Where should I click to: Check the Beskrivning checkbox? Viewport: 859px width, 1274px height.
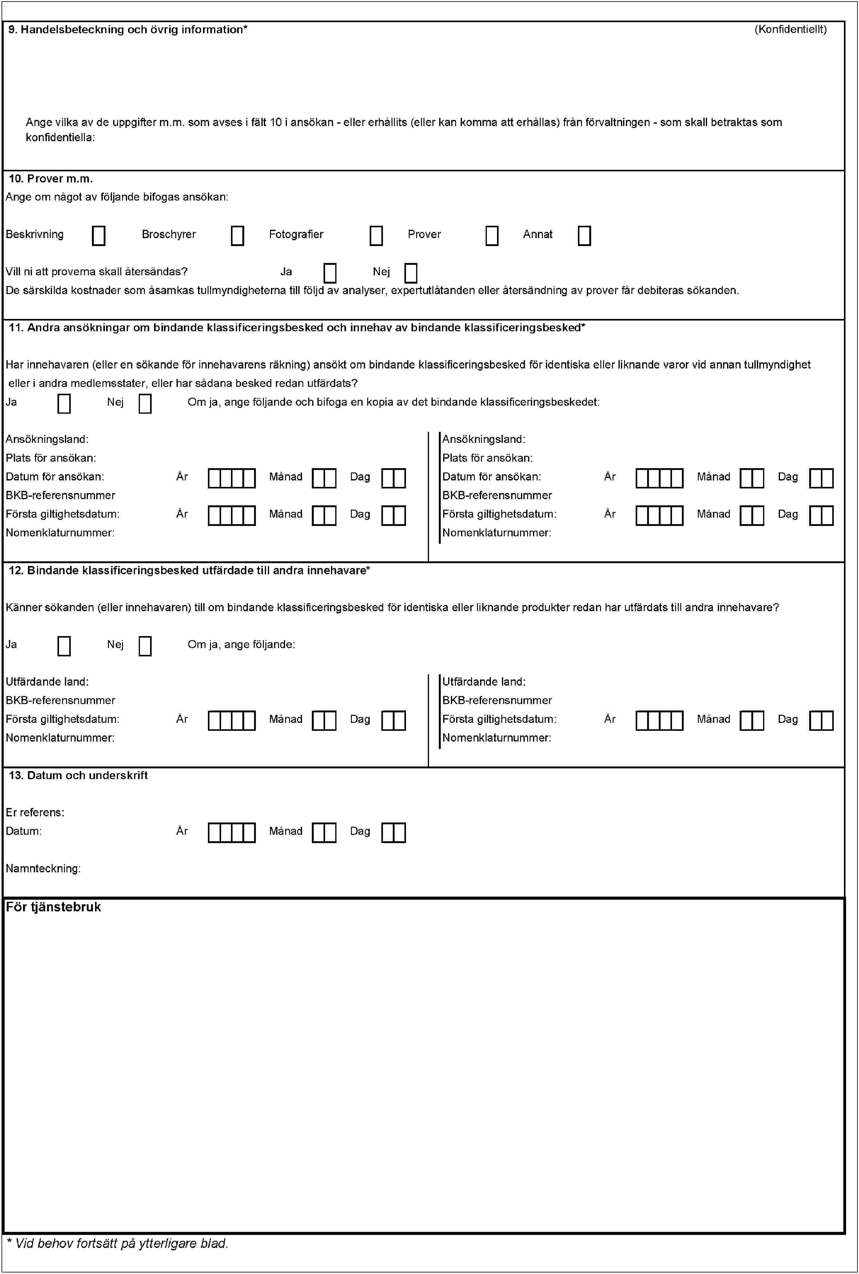[x=99, y=236]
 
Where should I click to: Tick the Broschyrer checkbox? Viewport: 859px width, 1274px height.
[x=237, y=236]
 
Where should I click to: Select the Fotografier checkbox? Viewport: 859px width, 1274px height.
[x=376, y=236]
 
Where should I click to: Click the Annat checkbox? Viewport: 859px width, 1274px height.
[x=584, y=236]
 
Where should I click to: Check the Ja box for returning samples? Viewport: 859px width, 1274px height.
[x=330, y=273]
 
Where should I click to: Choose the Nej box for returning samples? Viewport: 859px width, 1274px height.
[x=410, y=273]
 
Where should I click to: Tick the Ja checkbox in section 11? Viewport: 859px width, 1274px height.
[x=64, y=403]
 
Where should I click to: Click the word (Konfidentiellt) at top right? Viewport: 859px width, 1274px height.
[x=790, y=30]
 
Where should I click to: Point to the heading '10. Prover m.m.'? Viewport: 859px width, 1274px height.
[x=50, y=179]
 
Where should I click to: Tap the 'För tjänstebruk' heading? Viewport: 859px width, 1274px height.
[x=53, y=907]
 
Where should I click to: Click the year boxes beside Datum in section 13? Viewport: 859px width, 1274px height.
[x=232, y=833]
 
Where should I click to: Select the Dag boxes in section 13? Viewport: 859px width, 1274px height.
[x=393, y=833]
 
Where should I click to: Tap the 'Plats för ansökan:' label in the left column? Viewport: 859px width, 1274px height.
[x=51, y=458]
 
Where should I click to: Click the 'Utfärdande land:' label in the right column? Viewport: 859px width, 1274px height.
[x=484, y=682]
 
